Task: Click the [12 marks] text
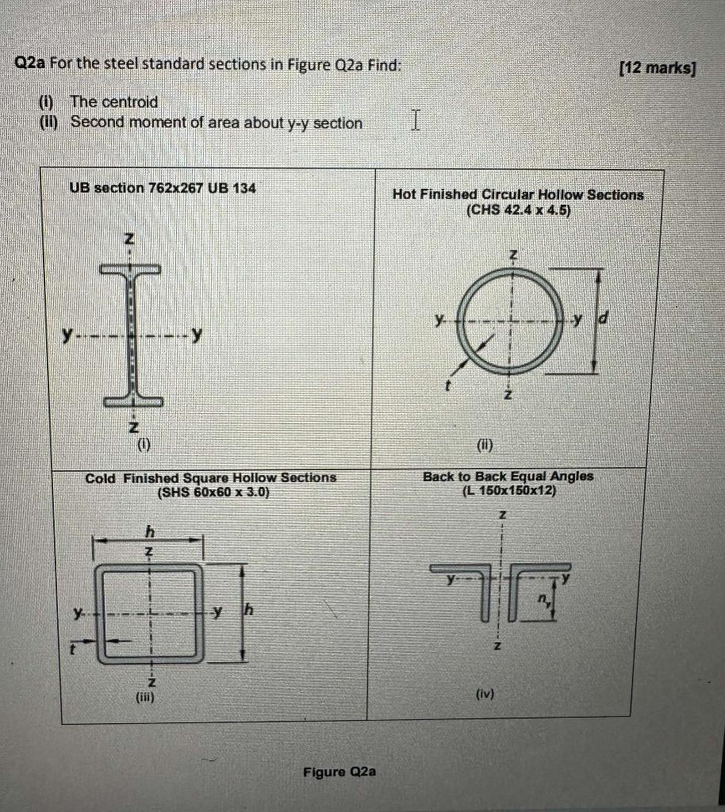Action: point(656,68)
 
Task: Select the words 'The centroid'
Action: point(113,101)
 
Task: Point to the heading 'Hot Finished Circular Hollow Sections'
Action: point(517,194)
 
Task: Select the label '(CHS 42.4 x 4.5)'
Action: point(518,210)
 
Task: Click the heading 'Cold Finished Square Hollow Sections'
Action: point(211,477)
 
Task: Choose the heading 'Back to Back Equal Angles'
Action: point(508,476)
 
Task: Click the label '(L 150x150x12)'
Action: point(508,490)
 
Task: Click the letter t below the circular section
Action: point(447,387)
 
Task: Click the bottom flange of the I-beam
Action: point(132,401)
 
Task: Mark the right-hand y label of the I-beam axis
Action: point(195,336)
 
